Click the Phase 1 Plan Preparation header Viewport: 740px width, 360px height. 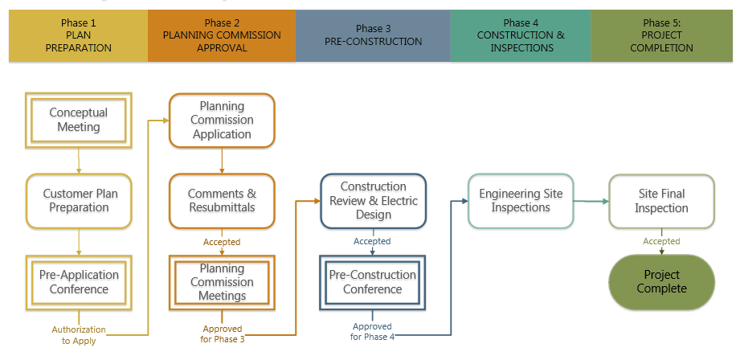(79, 35)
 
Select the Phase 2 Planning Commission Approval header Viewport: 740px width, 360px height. (222, 35)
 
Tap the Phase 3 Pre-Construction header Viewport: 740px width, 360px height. (373, 35)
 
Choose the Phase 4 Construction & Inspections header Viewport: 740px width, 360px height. (521, 35)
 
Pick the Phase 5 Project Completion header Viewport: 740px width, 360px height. (661, 35)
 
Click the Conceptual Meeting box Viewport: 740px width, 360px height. (79, 120)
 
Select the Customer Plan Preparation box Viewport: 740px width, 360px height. (79, 201)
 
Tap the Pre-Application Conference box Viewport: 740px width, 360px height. (79, 281)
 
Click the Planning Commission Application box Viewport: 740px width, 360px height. (222, 120)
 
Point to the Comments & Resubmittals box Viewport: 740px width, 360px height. (222, 201)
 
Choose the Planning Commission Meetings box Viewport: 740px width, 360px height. (222, 282)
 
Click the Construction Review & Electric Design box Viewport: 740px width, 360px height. (373, 201)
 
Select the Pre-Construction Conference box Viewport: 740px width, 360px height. (373, 282)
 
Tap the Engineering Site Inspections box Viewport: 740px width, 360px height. (521, 201)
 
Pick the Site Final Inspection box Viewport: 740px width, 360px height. (661, 201)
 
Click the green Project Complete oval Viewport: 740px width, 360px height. (661, 281)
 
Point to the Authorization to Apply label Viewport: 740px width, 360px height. (79, 335)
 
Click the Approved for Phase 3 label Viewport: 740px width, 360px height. (223, 333)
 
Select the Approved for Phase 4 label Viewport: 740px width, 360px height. (372, 331)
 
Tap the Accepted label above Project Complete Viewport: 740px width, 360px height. (661, 241)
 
